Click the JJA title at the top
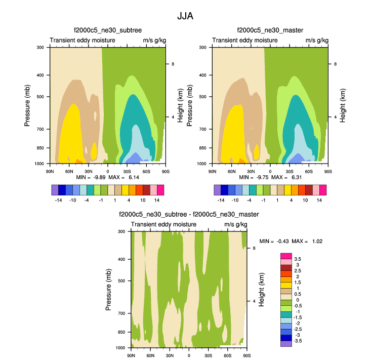185,16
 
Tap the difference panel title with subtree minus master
188,215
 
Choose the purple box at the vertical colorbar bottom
286,343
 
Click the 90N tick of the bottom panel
131,355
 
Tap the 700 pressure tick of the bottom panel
121,314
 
